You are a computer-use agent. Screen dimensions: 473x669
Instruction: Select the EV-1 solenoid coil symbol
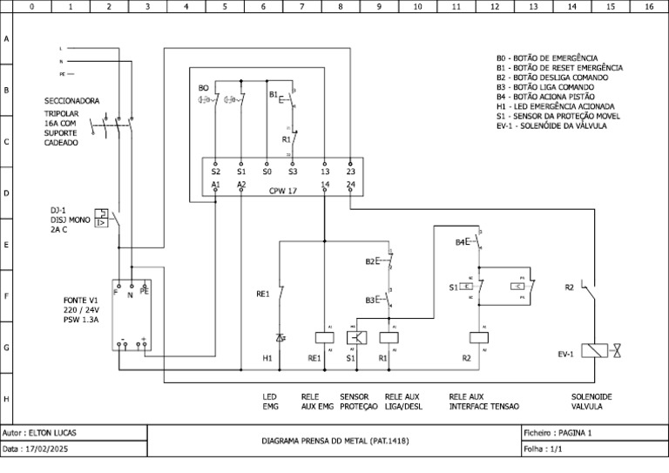coord(595,350)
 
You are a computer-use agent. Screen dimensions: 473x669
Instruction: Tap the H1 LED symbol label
coord(268,358)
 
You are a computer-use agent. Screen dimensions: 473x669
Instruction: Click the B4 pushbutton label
coord(461,242)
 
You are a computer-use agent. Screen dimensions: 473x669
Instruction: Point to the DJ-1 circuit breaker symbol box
coord(103,218)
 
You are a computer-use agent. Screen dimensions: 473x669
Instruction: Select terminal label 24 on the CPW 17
coord(350,185)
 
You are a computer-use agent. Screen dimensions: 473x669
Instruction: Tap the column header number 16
coord(648,6)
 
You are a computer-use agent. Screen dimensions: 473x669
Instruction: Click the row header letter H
coord(7,399)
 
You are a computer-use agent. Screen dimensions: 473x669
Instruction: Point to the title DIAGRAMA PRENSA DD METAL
coord(334,441)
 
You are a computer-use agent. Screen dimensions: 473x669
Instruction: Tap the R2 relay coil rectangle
coord(479,336)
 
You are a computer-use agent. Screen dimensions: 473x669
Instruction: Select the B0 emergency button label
coord(203,88)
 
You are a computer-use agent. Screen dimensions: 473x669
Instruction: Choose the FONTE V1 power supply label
coord(68,300)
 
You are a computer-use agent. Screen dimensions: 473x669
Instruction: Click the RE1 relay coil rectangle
coord(324,336)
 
